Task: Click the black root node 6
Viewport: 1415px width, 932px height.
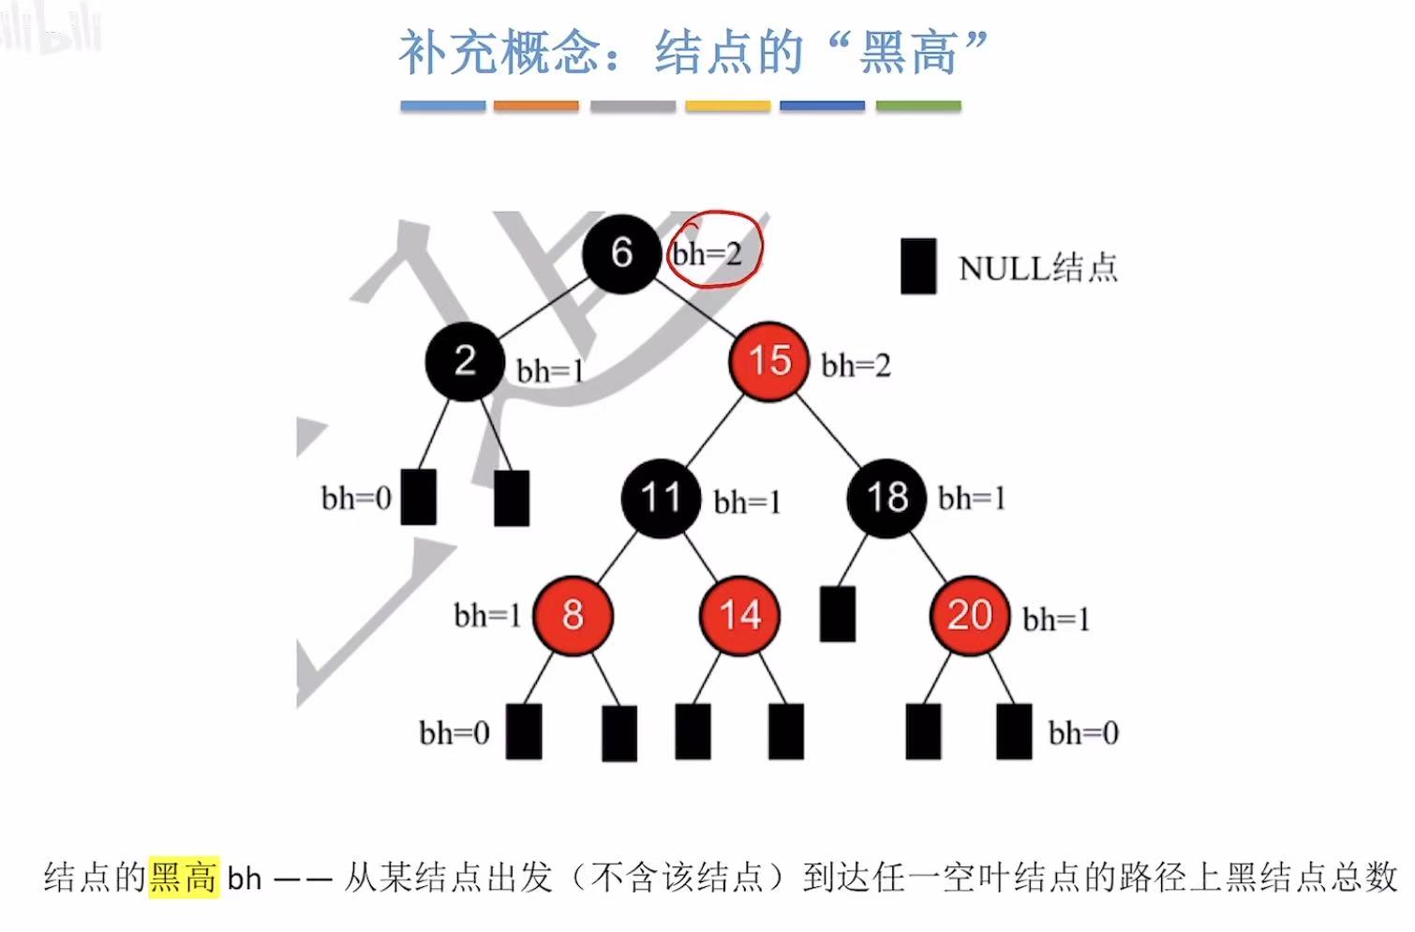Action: click(621, 252)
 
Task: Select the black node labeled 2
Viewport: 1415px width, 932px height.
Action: click(465, 361)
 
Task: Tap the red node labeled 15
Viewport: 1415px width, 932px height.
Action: click(768, 361)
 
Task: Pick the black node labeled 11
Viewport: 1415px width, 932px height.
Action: click(661, 498)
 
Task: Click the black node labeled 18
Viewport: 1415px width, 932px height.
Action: click(886, 498)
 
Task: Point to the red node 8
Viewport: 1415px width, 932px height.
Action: click(573, 615)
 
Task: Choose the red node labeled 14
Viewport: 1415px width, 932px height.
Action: click(739, 615)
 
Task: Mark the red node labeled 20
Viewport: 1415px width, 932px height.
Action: click(969, 615)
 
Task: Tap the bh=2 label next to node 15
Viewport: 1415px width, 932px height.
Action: click(856, 366)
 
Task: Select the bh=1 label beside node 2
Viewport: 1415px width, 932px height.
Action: click(550, 371)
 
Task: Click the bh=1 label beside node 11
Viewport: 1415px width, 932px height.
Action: click(747, 503)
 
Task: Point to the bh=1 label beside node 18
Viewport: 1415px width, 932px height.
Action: click(972, 499)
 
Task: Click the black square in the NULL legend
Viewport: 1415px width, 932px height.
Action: click(918, 266)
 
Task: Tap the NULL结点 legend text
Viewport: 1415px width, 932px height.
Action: click(1038, 268)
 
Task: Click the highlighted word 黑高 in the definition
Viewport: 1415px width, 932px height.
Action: click(184, 878)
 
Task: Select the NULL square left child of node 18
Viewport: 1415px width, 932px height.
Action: click(837, 614)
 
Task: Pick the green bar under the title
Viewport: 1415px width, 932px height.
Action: click(918, 107)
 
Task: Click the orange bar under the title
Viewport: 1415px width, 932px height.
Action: click(536, 107)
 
